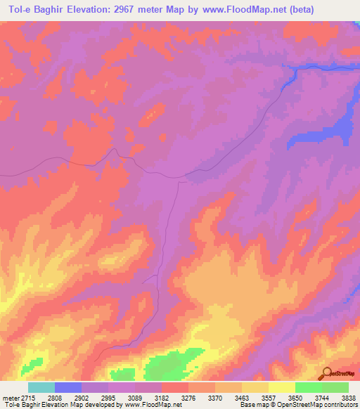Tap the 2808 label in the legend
(55, 398)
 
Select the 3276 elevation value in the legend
(188, 398)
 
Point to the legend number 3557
(269, 398)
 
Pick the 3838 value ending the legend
(349, 398)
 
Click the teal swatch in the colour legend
(41, 387)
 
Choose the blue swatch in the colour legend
(68, 387)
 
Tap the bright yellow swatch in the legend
(282, 387)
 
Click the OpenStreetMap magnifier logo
(326, 372)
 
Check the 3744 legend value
(322, 398)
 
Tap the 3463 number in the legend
(242, 398)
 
